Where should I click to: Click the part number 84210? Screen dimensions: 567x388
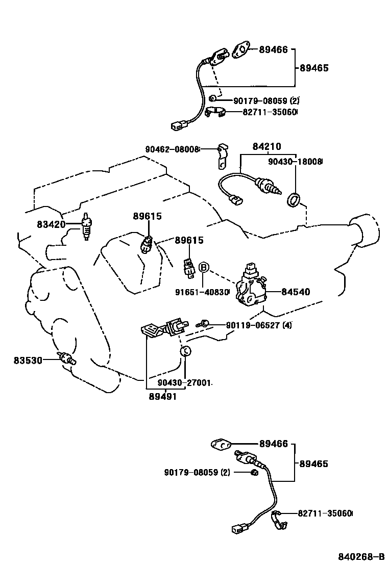tap(266, 147)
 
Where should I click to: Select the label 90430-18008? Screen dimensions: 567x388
tap(296, 162)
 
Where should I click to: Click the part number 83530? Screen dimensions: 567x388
tap(28, 360)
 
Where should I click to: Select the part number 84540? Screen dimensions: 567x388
tap(296, 292)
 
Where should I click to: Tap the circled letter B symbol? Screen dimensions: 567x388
tap(204, 267)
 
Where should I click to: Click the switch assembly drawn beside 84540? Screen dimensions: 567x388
tap(251, 288)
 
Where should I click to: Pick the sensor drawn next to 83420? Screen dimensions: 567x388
tap(87, 226)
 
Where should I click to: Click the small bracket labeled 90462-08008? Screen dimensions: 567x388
tap(221, 156)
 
